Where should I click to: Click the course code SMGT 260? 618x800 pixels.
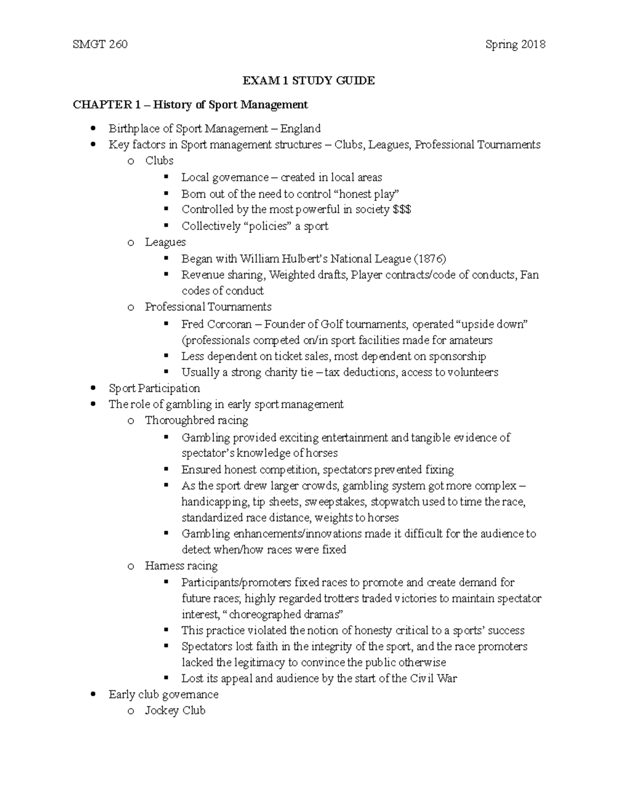point(100,44)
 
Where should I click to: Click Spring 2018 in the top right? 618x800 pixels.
point(515,44)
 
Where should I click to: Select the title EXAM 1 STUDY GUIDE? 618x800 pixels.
point(309,80)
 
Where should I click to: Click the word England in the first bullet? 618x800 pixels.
point(300,128)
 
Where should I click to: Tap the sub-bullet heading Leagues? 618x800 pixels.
point(165,242)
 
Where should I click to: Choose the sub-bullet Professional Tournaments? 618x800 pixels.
point(208,307)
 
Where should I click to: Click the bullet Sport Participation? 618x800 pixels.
point(154,388)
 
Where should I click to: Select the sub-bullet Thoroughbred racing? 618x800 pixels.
point(196,420)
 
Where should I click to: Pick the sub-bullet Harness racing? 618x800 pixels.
point(181,566)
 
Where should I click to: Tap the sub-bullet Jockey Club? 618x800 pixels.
point(175,710)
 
